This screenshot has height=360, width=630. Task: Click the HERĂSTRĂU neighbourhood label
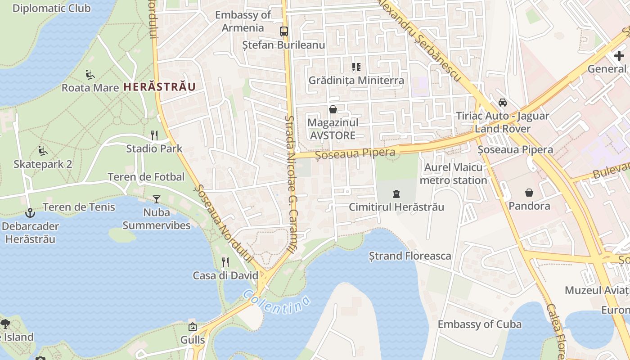coord(159,87)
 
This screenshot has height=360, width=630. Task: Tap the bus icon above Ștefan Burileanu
coord(284,31)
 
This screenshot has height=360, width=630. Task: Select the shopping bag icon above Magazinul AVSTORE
coord(333,109)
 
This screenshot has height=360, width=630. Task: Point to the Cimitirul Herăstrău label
coord(396,207)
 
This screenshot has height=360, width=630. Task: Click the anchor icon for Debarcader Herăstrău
coord(30,212)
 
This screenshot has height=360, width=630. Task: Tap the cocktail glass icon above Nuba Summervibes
coord(156,199)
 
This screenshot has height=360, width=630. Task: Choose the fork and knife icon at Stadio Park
coord(154,135)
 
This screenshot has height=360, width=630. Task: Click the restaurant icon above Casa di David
coord(225,262)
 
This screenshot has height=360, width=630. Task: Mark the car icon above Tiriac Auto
coord(503,103)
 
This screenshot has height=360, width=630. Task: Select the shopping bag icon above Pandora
coord(529,193)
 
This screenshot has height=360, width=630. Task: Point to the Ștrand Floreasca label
coord(410,256)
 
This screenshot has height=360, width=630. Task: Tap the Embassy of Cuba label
coord(479,324)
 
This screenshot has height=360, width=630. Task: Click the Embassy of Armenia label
coord(243,21)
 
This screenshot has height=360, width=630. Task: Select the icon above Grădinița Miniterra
coord(356,67)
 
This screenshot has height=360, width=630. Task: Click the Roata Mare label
coord(90,87)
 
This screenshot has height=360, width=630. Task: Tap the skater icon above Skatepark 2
coord(43,151)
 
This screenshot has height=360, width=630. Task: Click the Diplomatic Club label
coord(51,8)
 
